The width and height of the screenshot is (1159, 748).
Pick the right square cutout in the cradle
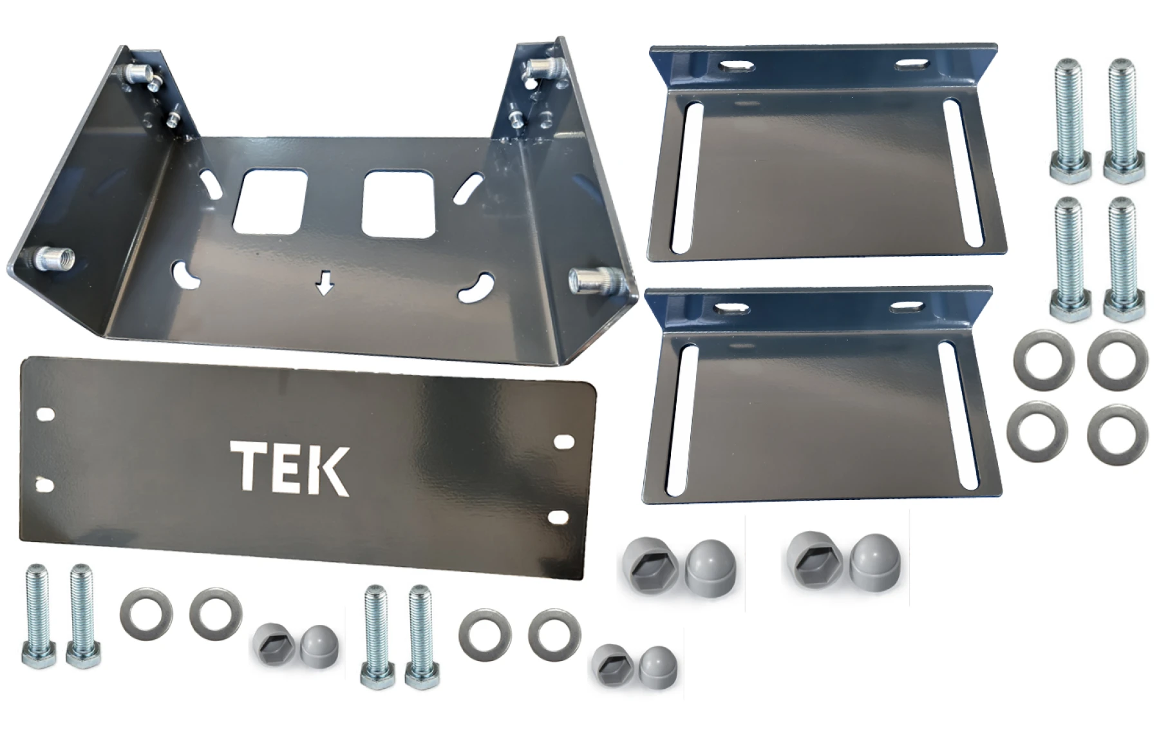pos(400,204)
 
